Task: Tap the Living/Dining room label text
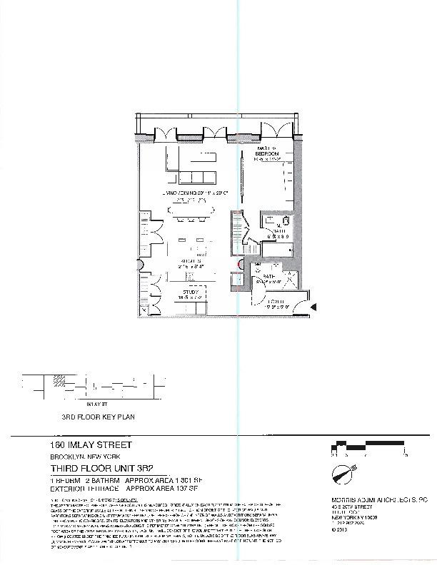(x=193, y=193)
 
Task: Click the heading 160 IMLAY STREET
(x=79, y=446)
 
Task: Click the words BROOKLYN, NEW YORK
(x=79, y=457)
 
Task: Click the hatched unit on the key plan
(x=54, y=381)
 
